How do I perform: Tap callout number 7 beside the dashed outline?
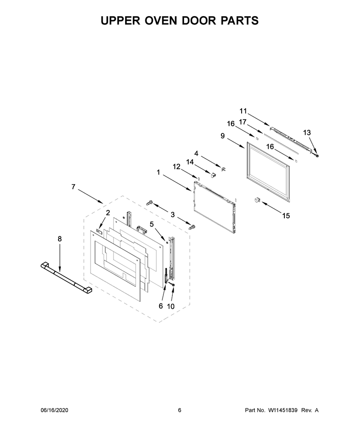tap(73, 187)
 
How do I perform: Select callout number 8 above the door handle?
tap(59, 239)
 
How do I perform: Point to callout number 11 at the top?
tap(243, 111)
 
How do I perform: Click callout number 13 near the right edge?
tap(307, 133)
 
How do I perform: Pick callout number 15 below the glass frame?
tap(286, 215)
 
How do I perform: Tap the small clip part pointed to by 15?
tap(257, 200)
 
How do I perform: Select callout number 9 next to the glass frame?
tap(222, 136)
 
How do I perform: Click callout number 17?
tap(243, 122)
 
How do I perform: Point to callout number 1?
tap(158, 173)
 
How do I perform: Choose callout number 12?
tap(176, 167)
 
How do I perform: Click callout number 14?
tap(190, 162)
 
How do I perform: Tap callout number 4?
tap(196, 153)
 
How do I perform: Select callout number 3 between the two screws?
tap(173, 215)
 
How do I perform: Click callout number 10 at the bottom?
tap(171, 306)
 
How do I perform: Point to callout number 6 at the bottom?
tap(161, 306)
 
